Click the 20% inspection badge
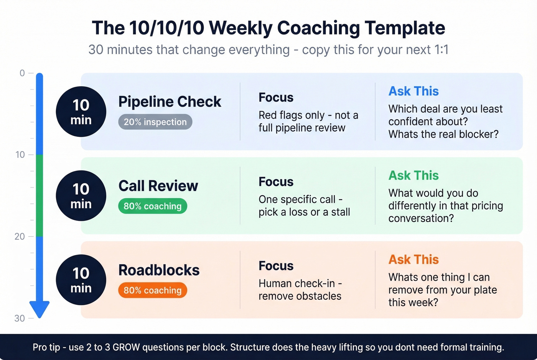[155, 122]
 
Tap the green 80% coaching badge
[152, 206]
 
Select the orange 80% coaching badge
[152, 290]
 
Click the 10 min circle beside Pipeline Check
[81, 112]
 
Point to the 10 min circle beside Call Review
[81, 196]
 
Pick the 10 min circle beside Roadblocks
[81, 280]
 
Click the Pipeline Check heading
[170, 102]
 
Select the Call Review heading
[158, 186]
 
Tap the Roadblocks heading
[159, 270]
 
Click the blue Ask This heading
[413, 91]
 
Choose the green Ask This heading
[413, 175]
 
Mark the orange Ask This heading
[413, 260]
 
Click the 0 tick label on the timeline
[22, 73]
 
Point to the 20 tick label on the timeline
[20, 237]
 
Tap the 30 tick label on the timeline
[20, 318]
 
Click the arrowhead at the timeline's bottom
[40, 309]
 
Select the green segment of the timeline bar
[40, 196]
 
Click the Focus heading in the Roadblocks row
[276, 266]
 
